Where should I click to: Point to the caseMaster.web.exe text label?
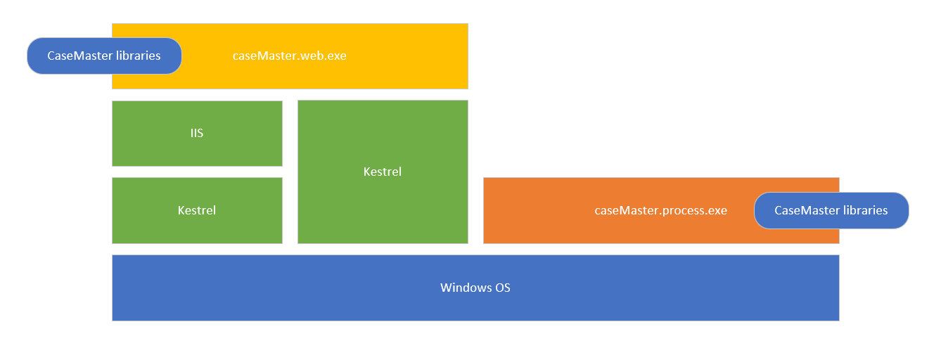[289, 56]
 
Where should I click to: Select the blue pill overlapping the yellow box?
[104, 56]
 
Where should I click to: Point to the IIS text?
[197, 133]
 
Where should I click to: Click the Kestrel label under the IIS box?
[197, 210]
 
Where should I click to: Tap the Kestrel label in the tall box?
[383, 172]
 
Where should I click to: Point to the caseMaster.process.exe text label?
[660, 210]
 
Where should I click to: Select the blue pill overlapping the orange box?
[831, 210]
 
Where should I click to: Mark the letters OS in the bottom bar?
[502, 288]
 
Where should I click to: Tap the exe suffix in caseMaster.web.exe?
[336, 56]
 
